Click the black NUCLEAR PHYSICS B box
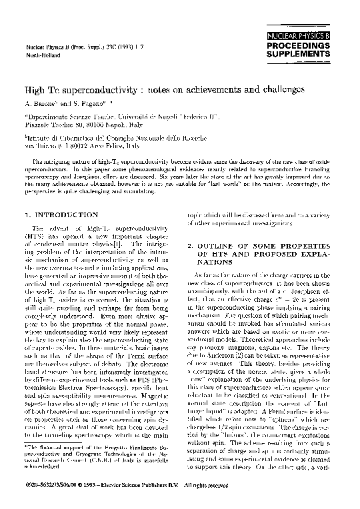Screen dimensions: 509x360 313,32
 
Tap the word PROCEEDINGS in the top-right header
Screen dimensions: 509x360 313,43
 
